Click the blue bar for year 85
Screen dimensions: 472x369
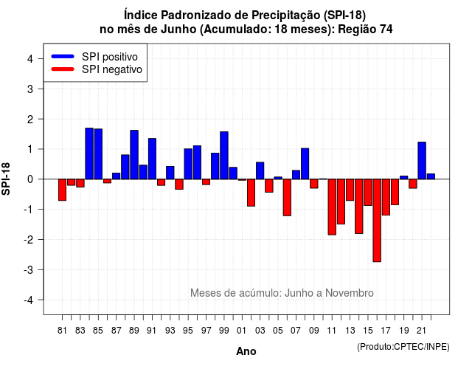[98, 154]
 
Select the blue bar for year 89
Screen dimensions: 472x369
[134, 155]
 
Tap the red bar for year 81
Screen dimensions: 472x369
[62, 190]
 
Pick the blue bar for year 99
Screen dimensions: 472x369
[224, 156]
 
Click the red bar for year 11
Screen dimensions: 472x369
[332, 207]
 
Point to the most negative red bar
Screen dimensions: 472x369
[377, 221]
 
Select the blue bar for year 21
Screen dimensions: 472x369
[422, 161]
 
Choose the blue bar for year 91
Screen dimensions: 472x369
[153, 159]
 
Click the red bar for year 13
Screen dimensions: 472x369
[350, 190]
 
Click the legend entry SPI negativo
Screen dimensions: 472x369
[97, 69]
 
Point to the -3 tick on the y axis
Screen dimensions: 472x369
[41, 269]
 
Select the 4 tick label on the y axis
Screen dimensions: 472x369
[30, 59]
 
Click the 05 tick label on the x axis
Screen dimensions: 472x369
[278, 331]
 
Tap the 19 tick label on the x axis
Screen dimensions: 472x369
[404, 331]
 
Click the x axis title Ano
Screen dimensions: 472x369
[246, 351]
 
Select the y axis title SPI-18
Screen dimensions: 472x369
[6, 179]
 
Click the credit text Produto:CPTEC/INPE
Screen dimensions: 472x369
[403, 347]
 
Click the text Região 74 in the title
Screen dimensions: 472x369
[365, 30]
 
